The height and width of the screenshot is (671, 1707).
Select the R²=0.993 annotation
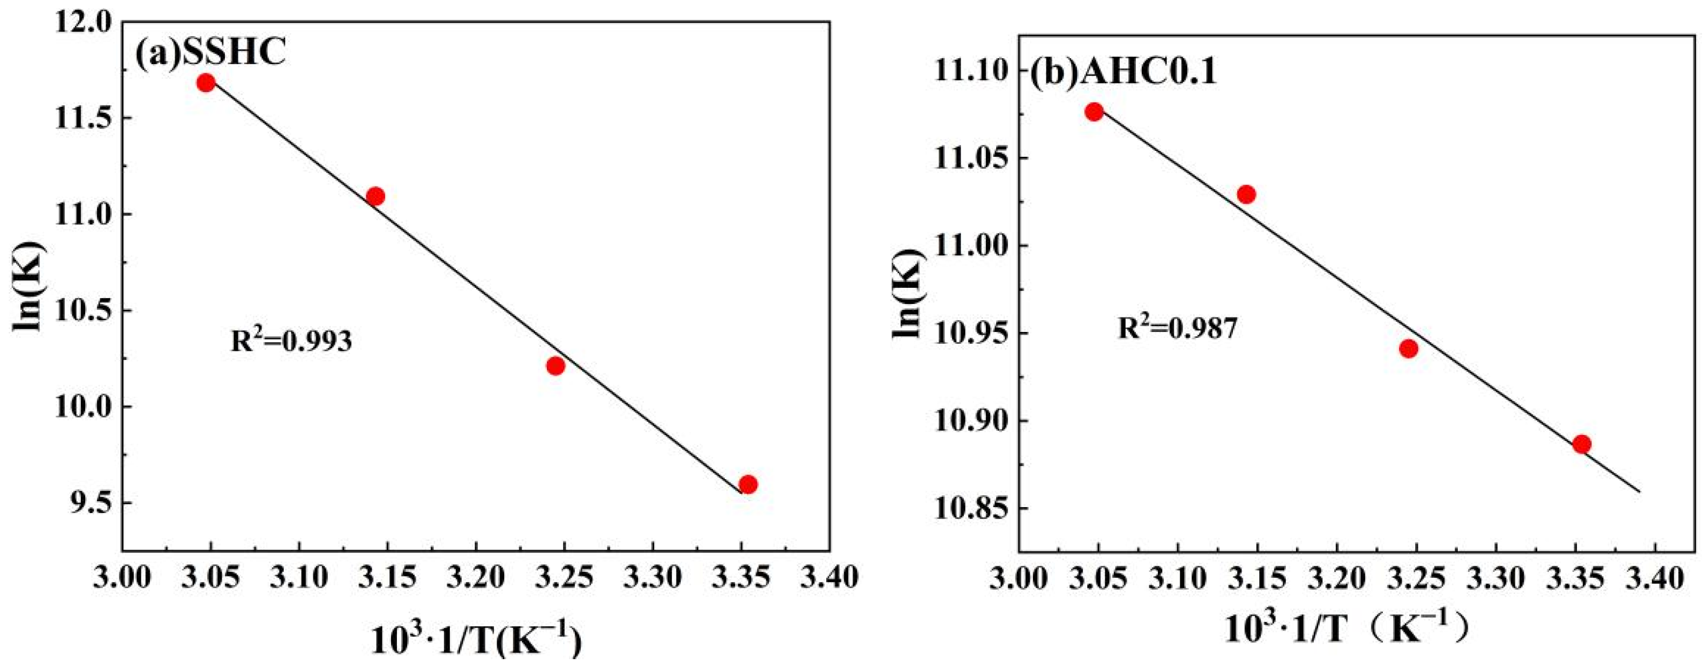291,341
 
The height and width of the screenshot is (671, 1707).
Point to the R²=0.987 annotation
1177,327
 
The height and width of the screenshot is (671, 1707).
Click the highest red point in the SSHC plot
206,83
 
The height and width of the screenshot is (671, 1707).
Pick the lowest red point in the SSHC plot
748,484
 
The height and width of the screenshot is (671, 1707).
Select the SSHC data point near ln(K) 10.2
556,365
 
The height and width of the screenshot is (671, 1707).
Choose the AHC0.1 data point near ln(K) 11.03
1246,194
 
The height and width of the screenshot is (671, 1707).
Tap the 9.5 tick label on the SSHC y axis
90,503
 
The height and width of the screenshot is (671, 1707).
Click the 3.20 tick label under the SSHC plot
476,577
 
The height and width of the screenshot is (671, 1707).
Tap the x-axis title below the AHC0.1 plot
1345,628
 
